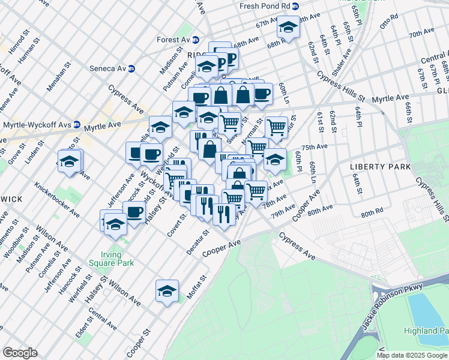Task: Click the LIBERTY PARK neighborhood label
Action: pos(381,166)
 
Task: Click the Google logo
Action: pos(20,353)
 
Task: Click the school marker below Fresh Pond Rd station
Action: pos(288,28)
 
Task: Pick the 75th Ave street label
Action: pos(314,147)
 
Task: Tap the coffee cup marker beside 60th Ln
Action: pos(262,94)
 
